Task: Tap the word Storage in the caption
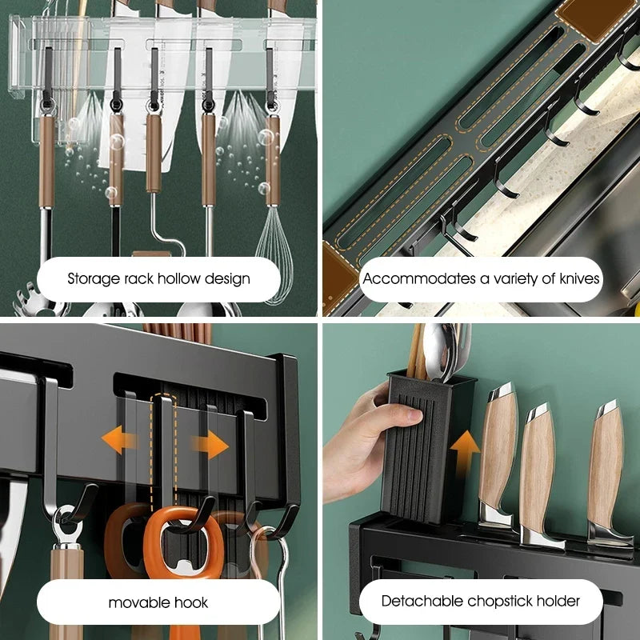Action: tap(92, 279)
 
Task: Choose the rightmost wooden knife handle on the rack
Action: tap(606, 464)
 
